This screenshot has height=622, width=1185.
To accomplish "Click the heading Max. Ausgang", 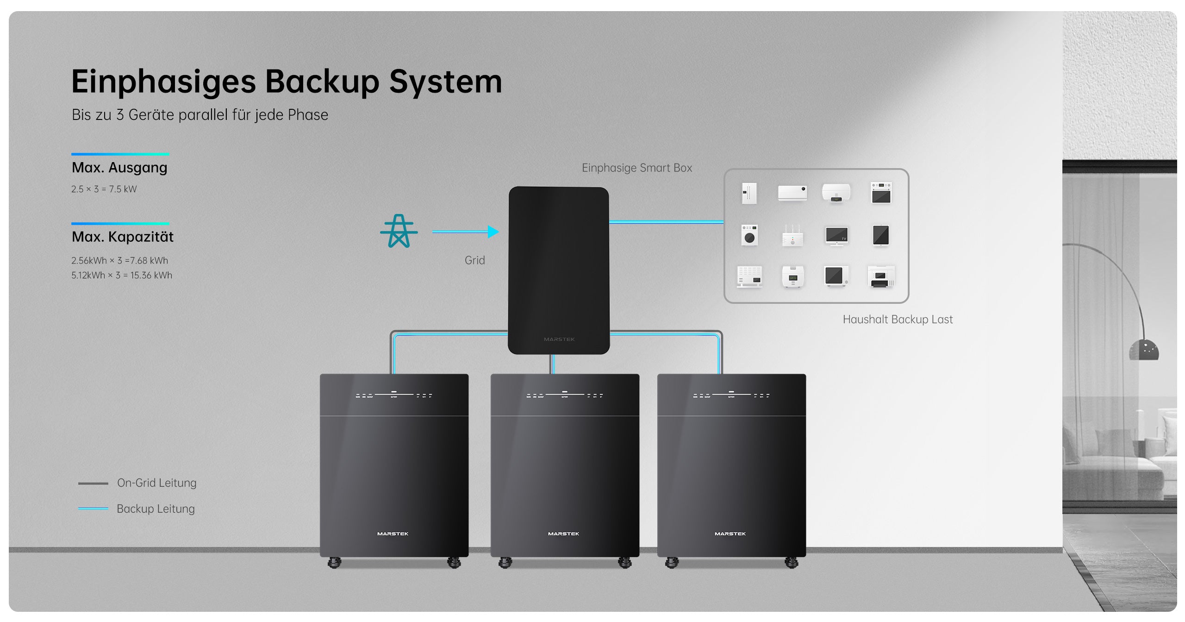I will pos(119,167).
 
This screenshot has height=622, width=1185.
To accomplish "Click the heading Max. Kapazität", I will pos(122,237).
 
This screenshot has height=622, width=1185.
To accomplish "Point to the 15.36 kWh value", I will pos(151,275).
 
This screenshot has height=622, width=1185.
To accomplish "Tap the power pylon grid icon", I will pos(399,231).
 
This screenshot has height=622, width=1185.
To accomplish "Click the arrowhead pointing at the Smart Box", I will pos(493,232).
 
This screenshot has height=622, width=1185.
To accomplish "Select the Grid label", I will pos(474,260).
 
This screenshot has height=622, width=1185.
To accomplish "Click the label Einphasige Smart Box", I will pos(636,168).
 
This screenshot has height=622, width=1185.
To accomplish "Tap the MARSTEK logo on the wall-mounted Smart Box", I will pos(559,339).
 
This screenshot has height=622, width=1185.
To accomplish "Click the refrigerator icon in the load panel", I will pos(749,193).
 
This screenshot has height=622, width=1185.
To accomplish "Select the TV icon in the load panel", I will pos(836,235).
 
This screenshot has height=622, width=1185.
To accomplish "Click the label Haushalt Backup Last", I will pos(897,319).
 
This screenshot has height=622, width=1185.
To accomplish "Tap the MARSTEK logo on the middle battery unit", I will pos(563,534).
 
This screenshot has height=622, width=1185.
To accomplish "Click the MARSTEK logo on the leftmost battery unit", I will pos(393,534).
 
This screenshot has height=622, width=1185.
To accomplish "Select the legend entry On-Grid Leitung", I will pos(156,483).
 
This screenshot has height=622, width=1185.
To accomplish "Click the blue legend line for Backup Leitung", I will pos(93,509).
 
